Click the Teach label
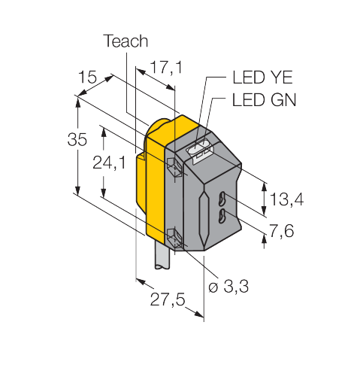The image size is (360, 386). (126, 41)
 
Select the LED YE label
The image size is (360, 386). (262, 78)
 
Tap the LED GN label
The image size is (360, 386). (264, 100)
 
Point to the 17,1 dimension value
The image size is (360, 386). (166, 68)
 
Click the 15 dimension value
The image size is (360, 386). (87, 77)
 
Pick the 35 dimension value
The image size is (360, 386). (77, 139)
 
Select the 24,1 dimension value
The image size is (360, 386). (109, 163)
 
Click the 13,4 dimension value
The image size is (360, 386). (286, 199)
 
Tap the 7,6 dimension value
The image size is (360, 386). (281, 231)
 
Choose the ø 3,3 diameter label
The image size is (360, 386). (228, 286)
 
